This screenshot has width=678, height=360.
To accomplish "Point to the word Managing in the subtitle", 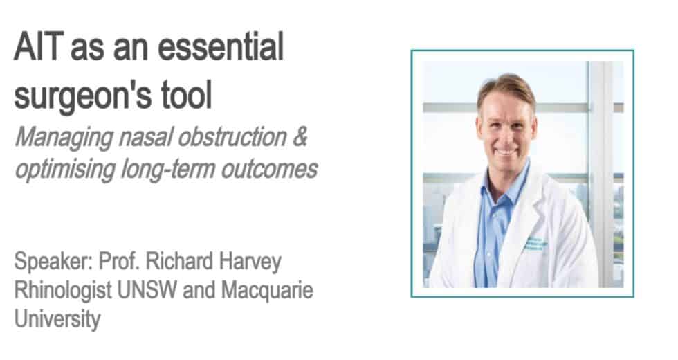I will [63, 138].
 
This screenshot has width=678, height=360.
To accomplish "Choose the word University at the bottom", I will [57, 318].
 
